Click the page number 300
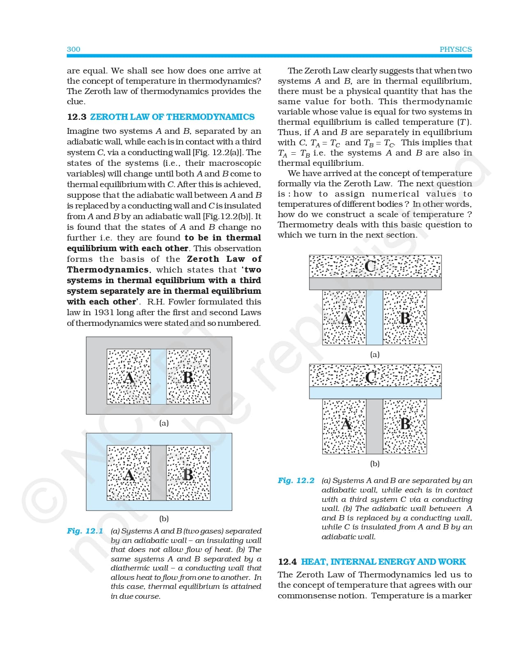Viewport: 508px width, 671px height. click(x=73, y=49)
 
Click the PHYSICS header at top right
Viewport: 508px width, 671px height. click(x=455, y=49)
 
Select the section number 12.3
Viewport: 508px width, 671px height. click(x=77, y=117)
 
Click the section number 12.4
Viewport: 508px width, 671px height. click(x=287, y=562)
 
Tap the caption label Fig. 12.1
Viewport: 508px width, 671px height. click(x=85, y=531)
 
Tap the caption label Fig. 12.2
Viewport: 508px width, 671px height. click(x=296, y=481)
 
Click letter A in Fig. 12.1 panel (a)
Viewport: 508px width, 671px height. click(x=129, y=377)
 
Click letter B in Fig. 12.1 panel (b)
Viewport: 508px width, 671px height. click(x=188, y=474)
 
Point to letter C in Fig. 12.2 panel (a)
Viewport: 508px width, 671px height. click(x=370, y=266)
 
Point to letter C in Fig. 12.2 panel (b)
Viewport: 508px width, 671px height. click(x=371, y=377)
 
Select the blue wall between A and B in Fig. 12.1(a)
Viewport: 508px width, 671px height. click(x=158, y=377)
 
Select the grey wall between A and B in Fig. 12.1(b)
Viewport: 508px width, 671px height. click(x=158, y=473)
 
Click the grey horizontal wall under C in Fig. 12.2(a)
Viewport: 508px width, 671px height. click(x=375, y=284)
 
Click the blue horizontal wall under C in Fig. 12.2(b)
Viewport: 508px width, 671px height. click(x=375, y=393)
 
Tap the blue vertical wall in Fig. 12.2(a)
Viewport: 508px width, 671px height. click(x=374, y=318)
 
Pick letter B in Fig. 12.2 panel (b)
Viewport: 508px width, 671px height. click(x=405, y=424)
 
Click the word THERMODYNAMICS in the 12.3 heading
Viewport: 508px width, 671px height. click(x=211, y=117)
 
